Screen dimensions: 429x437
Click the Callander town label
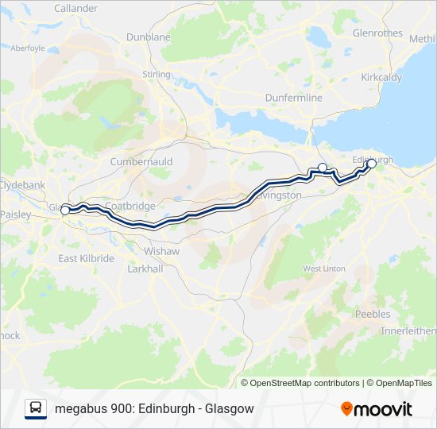click(75, 8)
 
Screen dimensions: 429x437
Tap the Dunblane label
click(149, 37)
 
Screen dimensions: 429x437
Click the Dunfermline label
click(294, 98)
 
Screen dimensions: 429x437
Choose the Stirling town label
click(157, 75)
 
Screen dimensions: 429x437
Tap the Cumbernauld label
click(141, 161)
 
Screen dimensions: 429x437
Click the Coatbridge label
click(130, 206)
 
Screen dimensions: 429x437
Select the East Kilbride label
click(87, 259)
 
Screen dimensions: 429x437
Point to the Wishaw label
click(162, 251)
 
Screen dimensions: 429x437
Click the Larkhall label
click(145, 269)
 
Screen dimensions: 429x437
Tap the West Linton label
click(324, 269)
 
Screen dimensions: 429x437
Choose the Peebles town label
click(373, 315)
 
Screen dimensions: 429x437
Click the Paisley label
click(15, 215)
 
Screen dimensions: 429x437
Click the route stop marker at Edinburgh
click(371, 164)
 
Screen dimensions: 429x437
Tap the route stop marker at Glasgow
click(65, 210)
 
